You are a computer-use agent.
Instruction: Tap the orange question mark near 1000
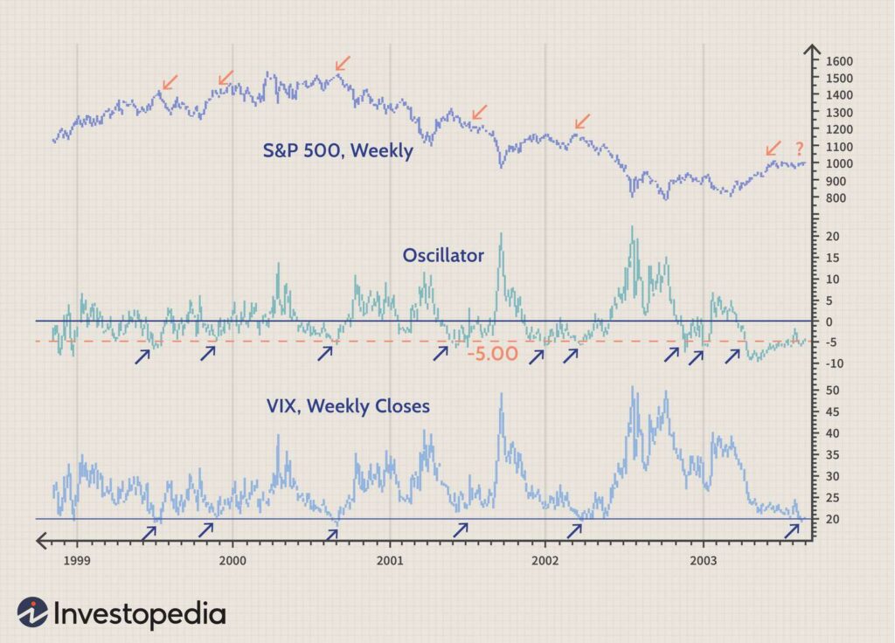pyautogui.click(x=799, y=149)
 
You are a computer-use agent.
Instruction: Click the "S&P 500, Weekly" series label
pyautogui.click(x=337, y=150)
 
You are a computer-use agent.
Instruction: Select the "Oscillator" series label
pyautogui.click(x=443, y=256)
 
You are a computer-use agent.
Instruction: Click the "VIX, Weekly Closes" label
pyautogui.click(x=348, y=406)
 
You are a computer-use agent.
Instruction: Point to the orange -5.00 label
pyautogui.click(x=492, y=355)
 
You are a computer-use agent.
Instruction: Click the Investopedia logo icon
pyautogui.click(x=32, y=612)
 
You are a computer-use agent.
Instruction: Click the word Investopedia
pyautogui.click(x=140, y=613)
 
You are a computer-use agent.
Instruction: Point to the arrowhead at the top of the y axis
pyautogui.click(x=811, y=49)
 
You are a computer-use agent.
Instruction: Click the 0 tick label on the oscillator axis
pyautogui.click(x=828, y=321)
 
